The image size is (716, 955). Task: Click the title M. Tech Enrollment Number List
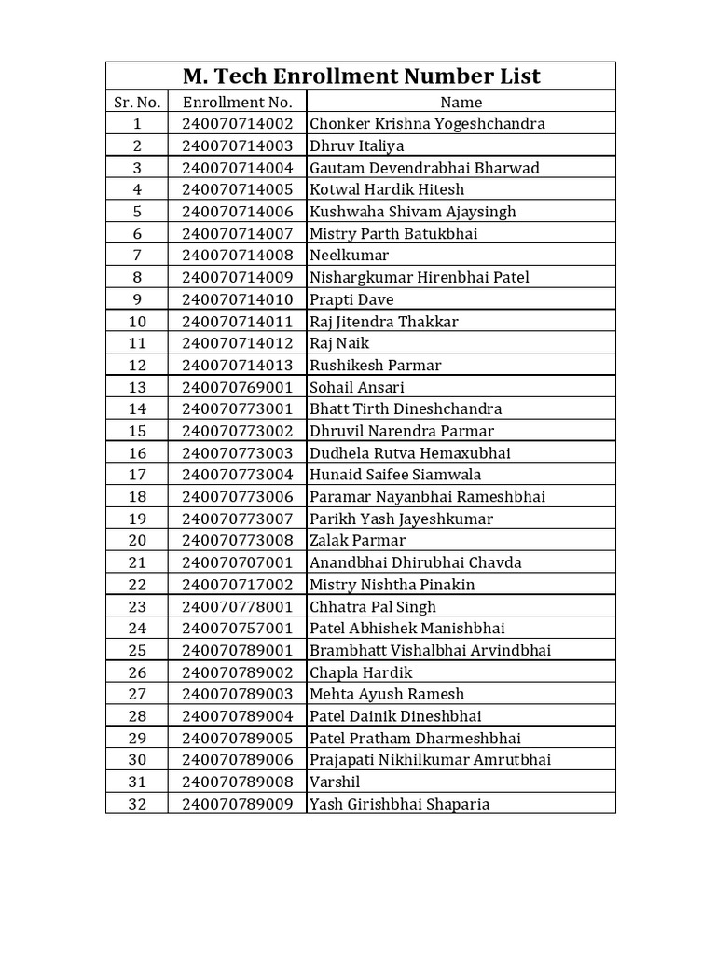360,76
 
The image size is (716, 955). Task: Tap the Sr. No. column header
137,102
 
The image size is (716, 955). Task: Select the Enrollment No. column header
237,102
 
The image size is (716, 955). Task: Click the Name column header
461,102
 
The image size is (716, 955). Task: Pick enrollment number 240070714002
237,124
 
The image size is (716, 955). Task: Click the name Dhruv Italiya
357,145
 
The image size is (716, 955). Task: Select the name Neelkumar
350,256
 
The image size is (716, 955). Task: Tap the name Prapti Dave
351,299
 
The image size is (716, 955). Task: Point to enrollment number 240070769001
237,387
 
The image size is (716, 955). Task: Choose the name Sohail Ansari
357,387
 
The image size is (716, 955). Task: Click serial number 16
137,453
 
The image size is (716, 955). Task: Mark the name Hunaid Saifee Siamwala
395,475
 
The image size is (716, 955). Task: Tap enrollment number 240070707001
237,562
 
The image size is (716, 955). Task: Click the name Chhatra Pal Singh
373,607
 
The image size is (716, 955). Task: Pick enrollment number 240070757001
237,629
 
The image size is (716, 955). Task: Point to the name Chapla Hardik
361,672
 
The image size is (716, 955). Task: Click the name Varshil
335,782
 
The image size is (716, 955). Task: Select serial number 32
137,804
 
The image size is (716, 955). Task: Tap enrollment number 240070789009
237,804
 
